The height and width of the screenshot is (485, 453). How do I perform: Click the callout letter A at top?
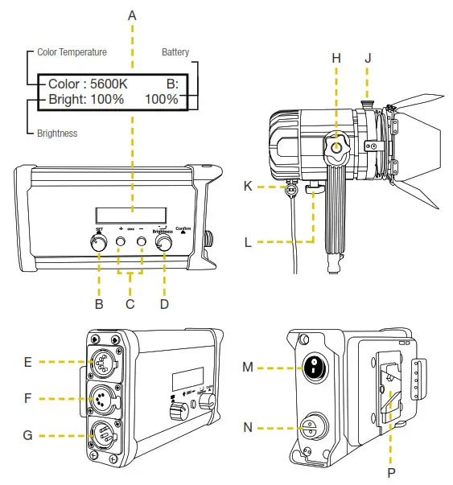pos(132,15)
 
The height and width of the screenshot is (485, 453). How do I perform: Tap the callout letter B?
pos(99,304)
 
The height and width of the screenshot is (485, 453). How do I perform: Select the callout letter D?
pos(165,304)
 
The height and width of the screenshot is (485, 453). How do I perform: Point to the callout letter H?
pos(336,59)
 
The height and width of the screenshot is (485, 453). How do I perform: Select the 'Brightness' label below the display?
pos(57,133)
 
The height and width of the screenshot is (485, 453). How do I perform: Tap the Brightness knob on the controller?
pos(165,245)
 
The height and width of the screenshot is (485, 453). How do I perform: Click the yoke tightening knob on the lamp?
pos(336,149)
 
